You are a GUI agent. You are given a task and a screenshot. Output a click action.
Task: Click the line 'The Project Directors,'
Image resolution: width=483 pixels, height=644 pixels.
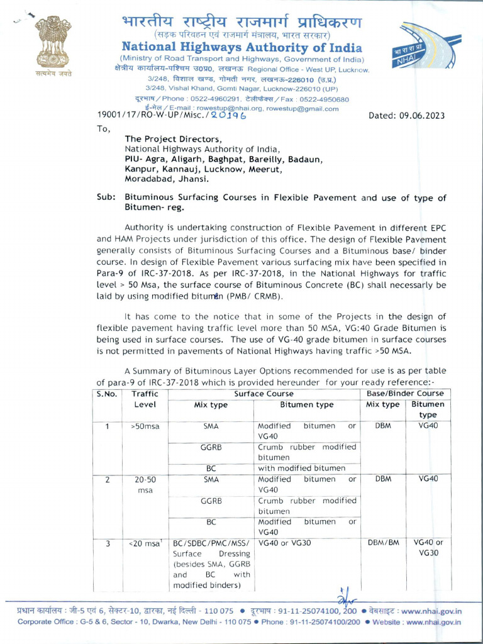[173, 139]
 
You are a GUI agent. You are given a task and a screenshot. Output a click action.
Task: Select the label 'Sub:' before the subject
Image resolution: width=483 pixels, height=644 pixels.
[106, 197]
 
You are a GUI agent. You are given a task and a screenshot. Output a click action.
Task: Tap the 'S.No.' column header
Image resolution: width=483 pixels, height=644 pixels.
[109, 394]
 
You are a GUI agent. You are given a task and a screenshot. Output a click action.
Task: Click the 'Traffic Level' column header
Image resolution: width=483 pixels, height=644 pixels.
[145, 399]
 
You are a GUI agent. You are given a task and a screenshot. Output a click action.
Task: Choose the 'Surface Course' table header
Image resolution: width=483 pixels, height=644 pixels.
[264, 394]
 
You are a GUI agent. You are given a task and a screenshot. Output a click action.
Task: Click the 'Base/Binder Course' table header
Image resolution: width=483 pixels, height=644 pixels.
[405, 394]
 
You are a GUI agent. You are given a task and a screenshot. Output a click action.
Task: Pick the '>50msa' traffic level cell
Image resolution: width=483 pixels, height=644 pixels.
[145, 426]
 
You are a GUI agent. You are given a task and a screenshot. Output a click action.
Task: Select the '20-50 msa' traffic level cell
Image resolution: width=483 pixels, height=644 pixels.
[145, 484]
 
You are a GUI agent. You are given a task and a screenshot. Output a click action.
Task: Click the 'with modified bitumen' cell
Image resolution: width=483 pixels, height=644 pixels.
[301, 468]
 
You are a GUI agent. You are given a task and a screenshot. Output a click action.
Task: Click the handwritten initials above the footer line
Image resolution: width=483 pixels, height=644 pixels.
[342, 597]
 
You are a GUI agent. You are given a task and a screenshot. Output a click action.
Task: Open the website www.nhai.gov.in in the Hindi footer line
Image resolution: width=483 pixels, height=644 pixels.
[431, 611]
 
